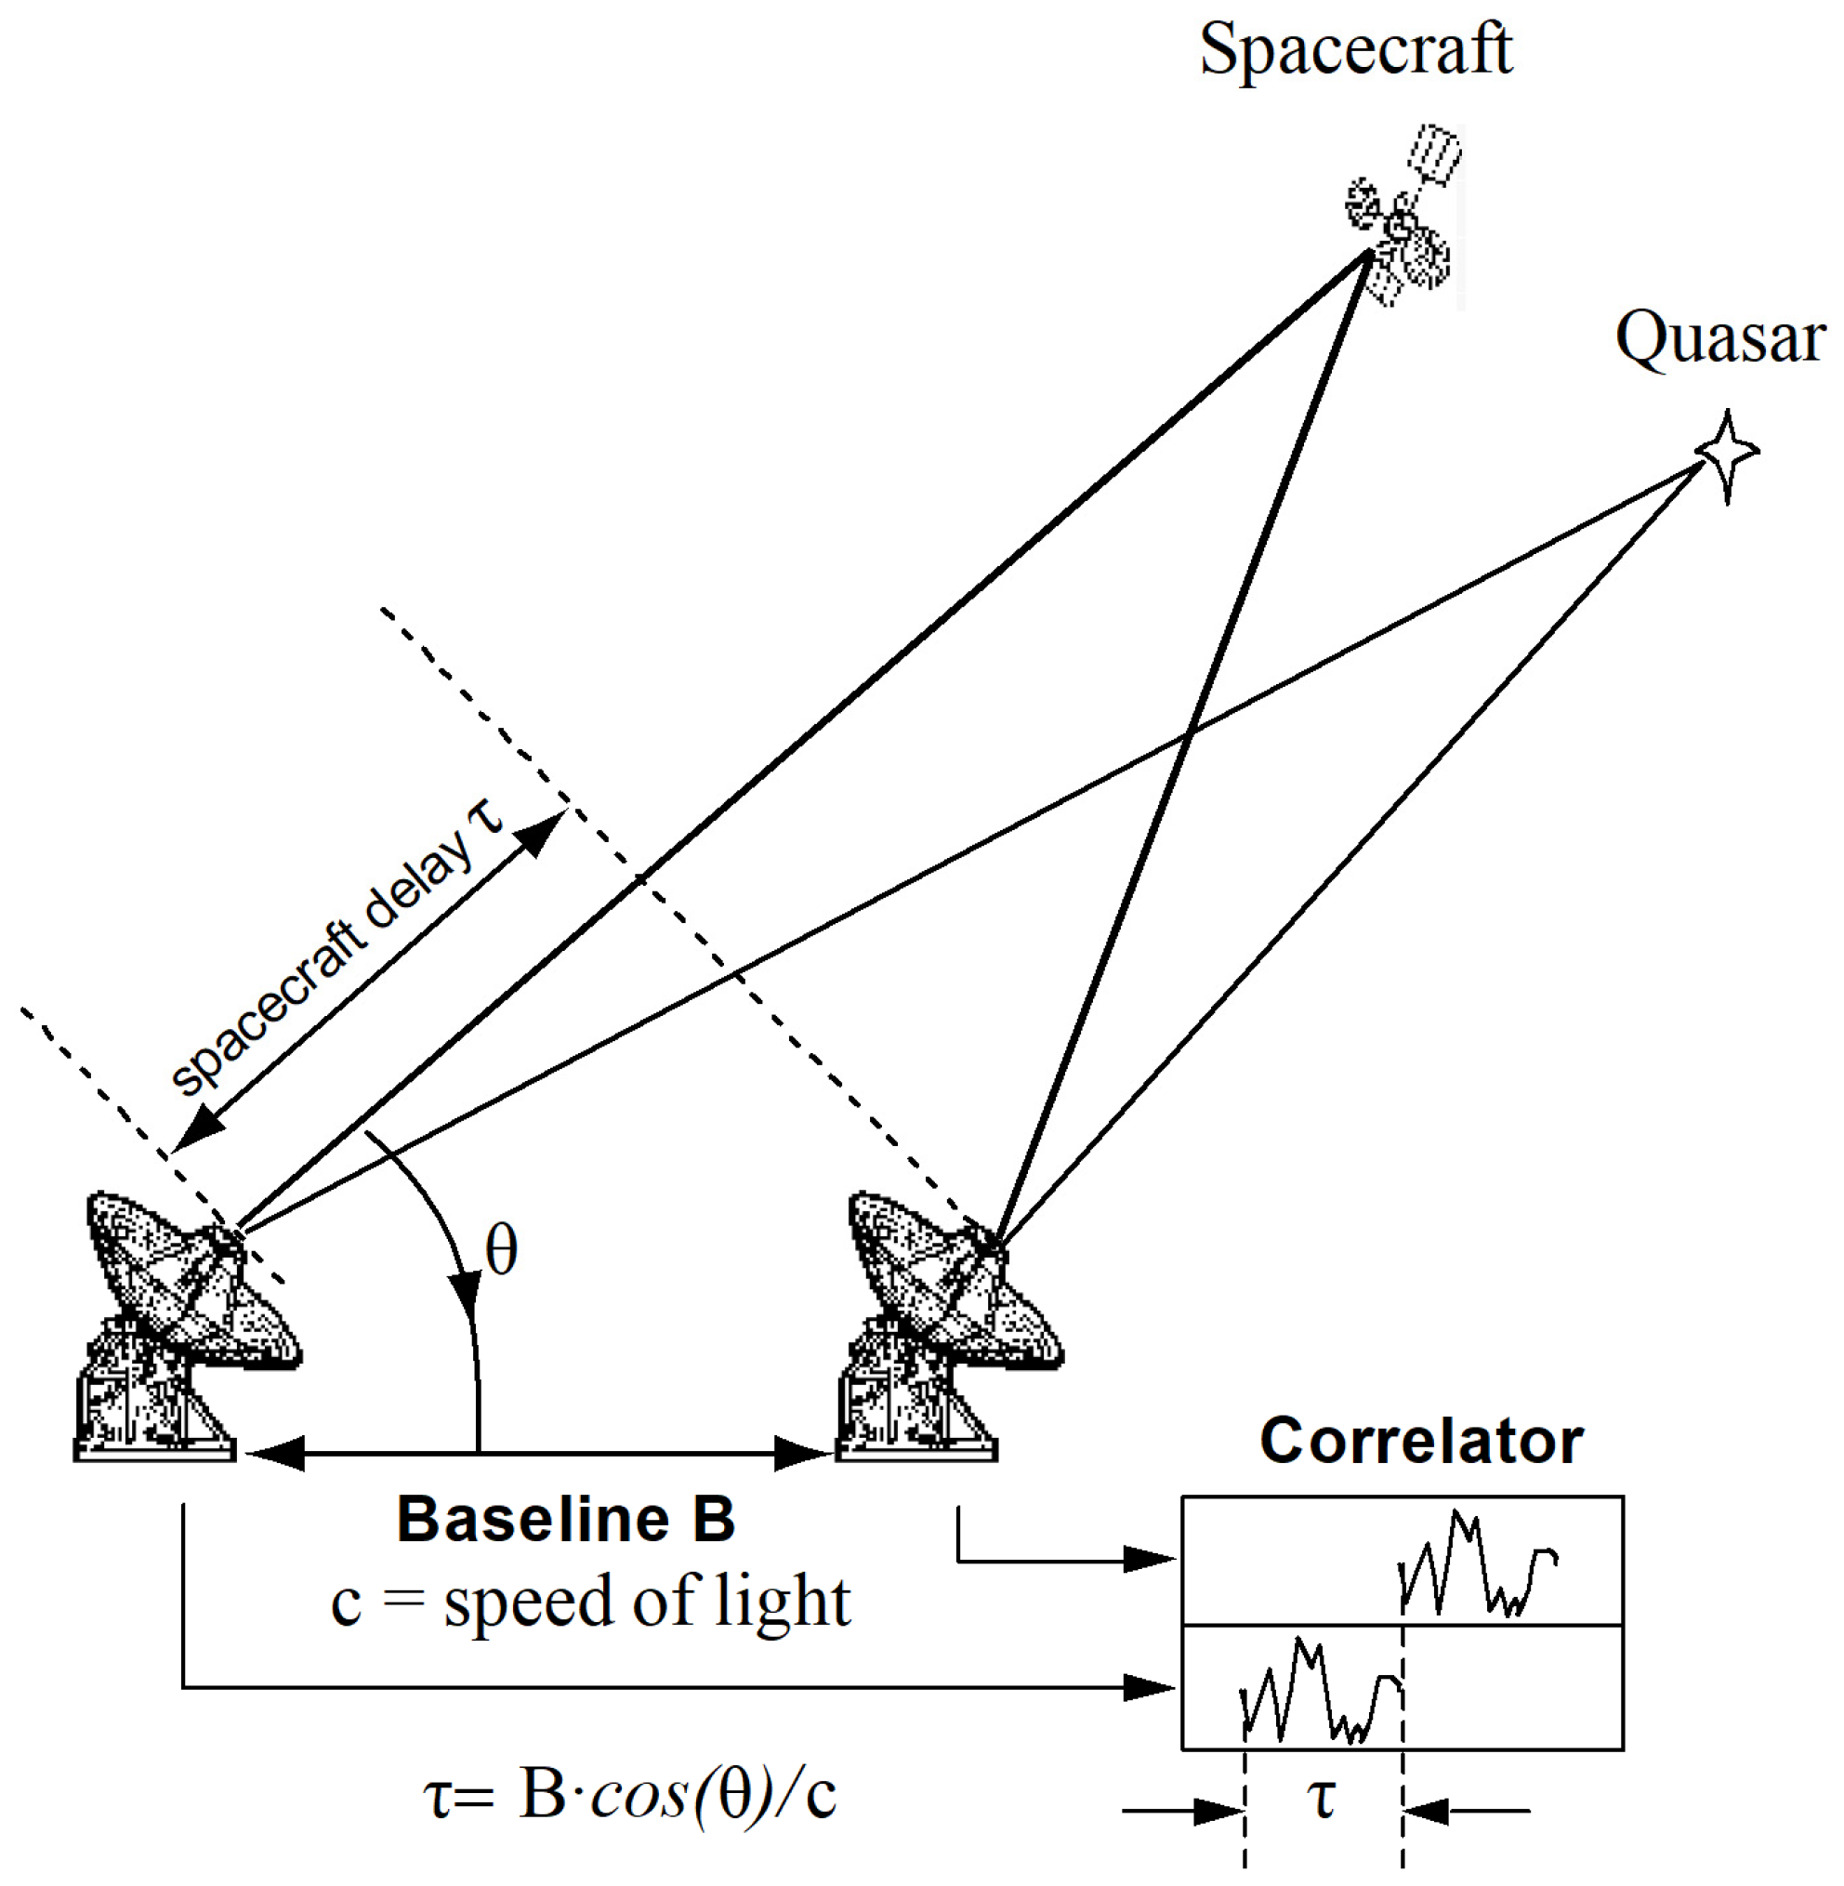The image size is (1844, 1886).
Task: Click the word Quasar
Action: pos(1720,338)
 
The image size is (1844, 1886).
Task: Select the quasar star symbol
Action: pos(1728,454)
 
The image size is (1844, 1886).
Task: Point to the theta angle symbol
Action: pos(501,1249)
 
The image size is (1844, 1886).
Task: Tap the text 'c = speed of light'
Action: pos(590,1602)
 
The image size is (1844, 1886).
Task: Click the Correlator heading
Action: pos(1421,1441)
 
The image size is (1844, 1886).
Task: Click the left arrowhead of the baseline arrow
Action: pos(275,1454)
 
